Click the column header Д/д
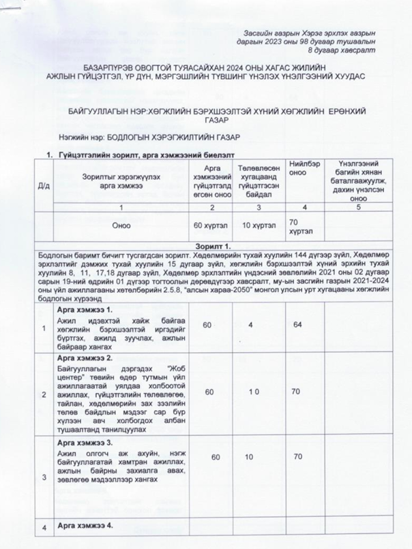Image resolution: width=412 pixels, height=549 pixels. point(44,184)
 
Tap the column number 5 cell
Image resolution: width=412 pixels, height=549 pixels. point(357,206)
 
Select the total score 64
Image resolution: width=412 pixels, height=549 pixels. point(298,325)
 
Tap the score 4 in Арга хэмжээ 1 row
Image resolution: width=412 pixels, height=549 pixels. point(251,325)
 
